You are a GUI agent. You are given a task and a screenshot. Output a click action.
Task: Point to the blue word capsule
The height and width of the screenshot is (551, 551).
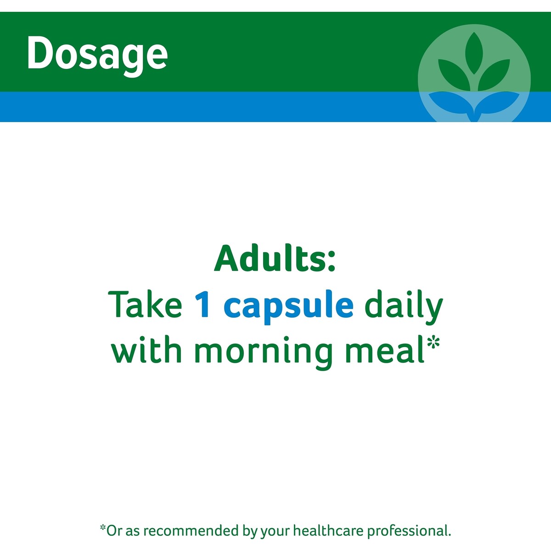click(289, 307)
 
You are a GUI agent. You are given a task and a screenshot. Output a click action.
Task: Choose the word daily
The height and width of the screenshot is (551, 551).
click(404, 307)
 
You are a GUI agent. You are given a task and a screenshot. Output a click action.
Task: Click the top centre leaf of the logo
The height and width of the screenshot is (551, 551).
click(474, 53)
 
